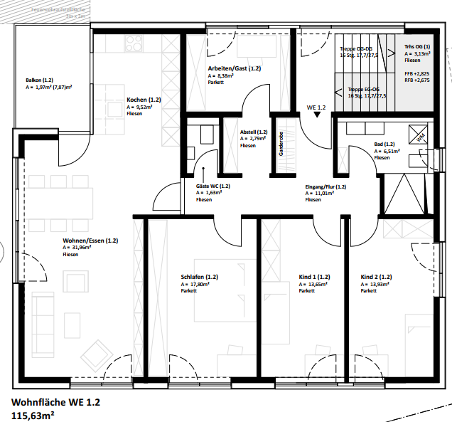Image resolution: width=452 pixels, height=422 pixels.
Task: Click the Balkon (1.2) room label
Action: pyautogui.click(x=40, y=80)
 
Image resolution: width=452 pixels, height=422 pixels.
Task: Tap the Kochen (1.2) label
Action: pyautogui.click(x=144, y=100)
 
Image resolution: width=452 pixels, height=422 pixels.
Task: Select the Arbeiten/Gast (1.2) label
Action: pyautogui.click(x=235, y=68)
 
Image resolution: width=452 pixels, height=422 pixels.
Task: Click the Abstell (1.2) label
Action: pyautogui.click(x=254, y=132)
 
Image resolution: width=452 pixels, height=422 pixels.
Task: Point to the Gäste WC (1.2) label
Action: pyautogui.click(x=212, y=186)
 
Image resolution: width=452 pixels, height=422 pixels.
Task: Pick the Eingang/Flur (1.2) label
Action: pyautogui.click(x=325, y=186)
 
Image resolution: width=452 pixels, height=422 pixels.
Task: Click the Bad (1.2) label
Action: pyautogui.click(x=384, y=144)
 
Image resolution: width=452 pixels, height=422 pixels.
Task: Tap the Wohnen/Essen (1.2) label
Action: pyautogui.click(x=90, y=241)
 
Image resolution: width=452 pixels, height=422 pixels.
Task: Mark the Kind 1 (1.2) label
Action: pyautogui.click(x=314, y=277)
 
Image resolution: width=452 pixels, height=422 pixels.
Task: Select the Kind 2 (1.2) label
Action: pyautogui.click(x=377, y=277)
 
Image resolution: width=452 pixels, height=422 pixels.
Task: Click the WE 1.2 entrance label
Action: pyautogui.click(x=316, y=107)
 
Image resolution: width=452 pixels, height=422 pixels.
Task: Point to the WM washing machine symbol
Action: pyautogui.click(x=419, y=133)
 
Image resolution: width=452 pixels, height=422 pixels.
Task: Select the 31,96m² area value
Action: pyautogui.click(x=77, y=248)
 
